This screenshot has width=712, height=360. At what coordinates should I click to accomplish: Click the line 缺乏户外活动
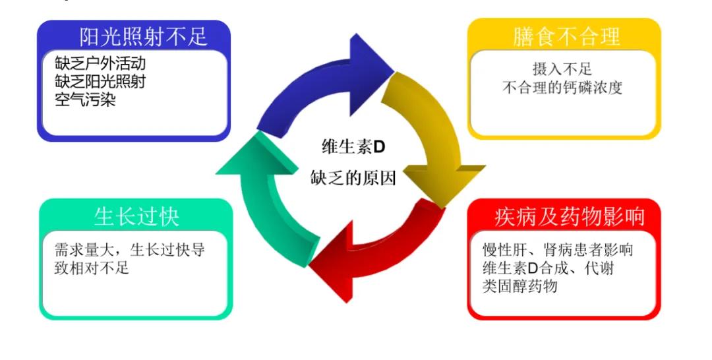pyautogui.click(x=100, y=64)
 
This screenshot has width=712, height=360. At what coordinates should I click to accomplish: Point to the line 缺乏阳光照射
pyautogui.click(x=100, y=82)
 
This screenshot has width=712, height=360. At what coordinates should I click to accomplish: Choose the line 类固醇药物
pyautogui.click(x=520, y=286)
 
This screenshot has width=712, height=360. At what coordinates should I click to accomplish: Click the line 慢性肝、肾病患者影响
pyautogui.click(x=558, y=251)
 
